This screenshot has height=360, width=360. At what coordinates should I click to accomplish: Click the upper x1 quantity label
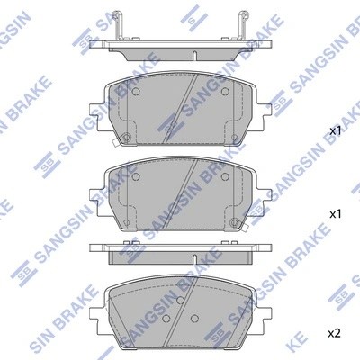[x=336, y=130]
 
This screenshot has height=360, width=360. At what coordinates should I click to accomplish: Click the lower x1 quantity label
[x=336, y=214]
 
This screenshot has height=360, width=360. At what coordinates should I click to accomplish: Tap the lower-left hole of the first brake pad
[x=126, y=137]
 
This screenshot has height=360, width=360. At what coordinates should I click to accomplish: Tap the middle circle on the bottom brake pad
[x=178, y=300]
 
